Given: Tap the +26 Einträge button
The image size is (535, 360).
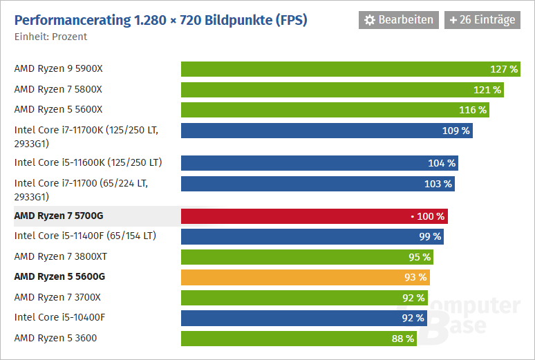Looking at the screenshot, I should tap(482, 20).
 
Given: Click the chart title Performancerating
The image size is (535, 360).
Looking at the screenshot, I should tap(160, 20).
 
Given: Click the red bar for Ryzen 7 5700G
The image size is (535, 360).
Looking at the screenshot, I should tap(314, 216).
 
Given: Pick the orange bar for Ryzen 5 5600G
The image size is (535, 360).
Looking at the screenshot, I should tap(305, 277).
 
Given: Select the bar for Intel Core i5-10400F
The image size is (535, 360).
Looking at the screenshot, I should tap(304, 318).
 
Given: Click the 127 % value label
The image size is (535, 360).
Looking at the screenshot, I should tap(504, 69).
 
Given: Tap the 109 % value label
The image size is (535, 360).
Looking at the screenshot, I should tap(456, 130).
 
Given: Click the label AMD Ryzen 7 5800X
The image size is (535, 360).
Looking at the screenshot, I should tap(58, 89).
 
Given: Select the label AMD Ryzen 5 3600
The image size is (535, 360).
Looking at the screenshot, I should tap(55, 338).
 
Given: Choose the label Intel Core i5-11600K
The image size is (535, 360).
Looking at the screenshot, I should tap(88, 162).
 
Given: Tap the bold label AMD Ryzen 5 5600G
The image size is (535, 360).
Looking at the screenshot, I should tap(59, 276).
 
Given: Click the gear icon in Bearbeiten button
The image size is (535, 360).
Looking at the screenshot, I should tap(370, 20).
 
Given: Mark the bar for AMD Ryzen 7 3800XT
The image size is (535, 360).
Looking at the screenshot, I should tap(308, 257).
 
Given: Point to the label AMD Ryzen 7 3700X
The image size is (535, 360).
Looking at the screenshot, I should tap(57, 297).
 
